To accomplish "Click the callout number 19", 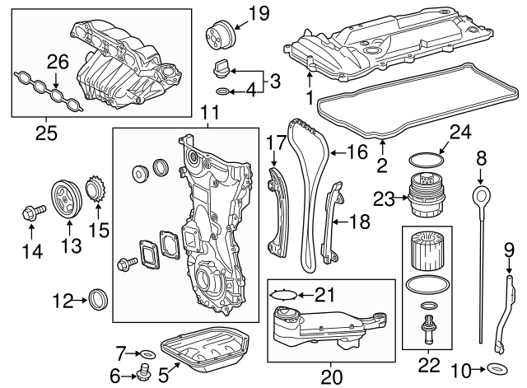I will pos(259,13).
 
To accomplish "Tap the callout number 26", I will pos(56,61).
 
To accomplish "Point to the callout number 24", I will pos(459,131).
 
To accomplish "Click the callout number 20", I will pos(330,376).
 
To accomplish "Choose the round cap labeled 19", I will pos(220,36).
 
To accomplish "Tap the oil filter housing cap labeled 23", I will pos(422,197).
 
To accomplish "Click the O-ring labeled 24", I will pos(422,158).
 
